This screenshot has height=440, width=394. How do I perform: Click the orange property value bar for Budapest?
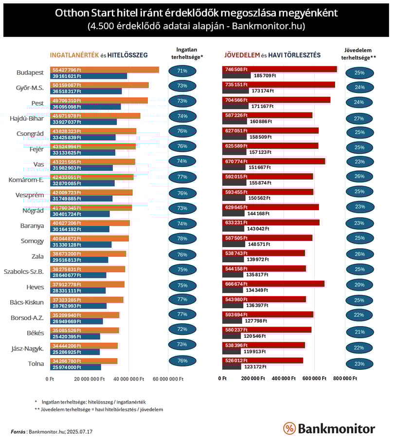click(105, 70)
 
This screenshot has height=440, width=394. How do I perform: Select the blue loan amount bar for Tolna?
click(76, 367)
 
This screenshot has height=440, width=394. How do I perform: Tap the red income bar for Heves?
click(273, 284)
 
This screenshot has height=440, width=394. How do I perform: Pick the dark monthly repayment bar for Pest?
click(235, 106)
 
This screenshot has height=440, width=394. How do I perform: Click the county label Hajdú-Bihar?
click(27, 118)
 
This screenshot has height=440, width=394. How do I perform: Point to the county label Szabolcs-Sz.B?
click(23, 272)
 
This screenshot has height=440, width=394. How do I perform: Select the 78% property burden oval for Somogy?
click(182, 238)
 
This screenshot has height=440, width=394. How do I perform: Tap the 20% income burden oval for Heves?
click(359, 285)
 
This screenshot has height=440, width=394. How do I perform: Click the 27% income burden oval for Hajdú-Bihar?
click(359, 119)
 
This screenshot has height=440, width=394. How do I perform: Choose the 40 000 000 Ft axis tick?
click(129, 379)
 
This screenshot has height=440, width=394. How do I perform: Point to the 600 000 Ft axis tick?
click(314, 378)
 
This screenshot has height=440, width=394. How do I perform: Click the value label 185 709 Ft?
click(265, 75)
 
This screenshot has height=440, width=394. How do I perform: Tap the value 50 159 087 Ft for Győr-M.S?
click(67, 85)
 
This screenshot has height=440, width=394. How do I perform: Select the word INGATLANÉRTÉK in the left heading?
click(74, 55)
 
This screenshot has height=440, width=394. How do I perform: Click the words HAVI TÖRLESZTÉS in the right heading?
click(294, 55)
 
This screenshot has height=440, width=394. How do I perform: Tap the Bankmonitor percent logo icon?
click(289, 428)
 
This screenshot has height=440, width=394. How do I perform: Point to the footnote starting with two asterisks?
click(99, 409)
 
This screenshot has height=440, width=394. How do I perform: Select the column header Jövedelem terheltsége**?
click(358, 54)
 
